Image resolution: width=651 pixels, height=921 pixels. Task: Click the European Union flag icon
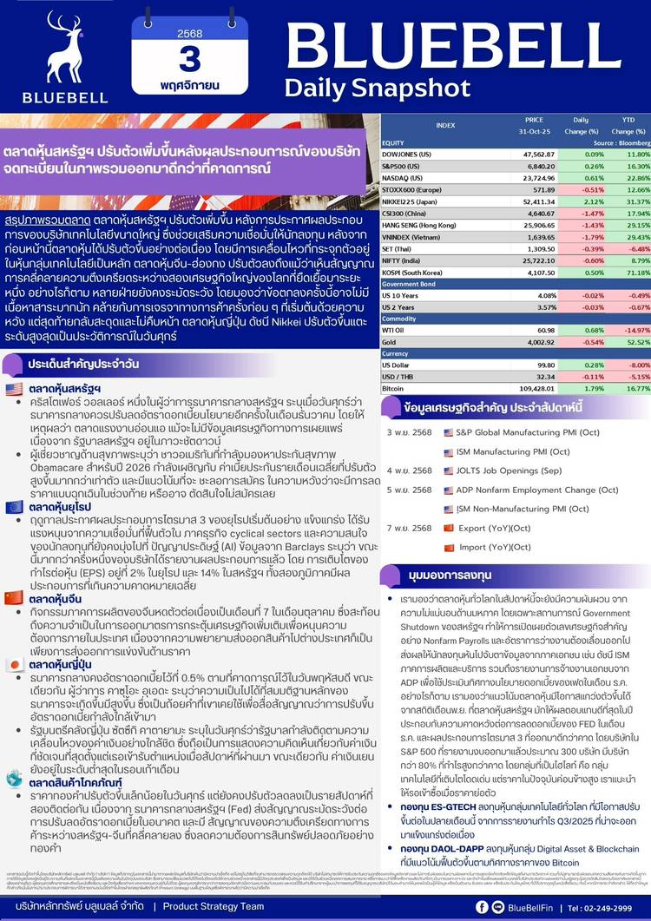[x=15, y=506]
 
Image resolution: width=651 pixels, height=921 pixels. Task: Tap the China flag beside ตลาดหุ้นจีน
[x=15, y=597]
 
